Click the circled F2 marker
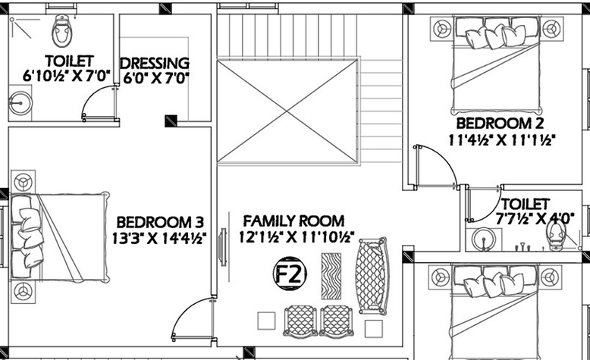pyautogui.click(x=290, y=274)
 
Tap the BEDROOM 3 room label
pyautogui.click(x=160, y=222)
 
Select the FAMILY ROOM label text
pyautogui.click(x=293, y=221)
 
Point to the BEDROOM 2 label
pyautogui.click(x=500, y=124)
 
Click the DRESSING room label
pyautogui.click(x=154, y=63)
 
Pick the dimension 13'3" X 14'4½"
pyautogui.click(x=159, y=239)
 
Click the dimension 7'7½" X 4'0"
pyautogui.click(x=535, y=218)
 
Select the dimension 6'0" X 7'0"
pyautogui.click(x=155, y=79)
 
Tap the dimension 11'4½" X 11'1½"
pyautogui.click(x=502, y=140)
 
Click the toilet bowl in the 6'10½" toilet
pyautogui.click(x=62, y=31)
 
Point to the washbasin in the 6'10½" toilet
pyautogui.click(x=20, y=103)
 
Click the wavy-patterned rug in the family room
pyautogui.click(x=331, y=276)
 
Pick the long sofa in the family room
pyautogui.click(x=372, y=276)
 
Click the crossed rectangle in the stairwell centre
pyautogui.click(x=287, y=111)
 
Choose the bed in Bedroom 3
pyautogui.click(x=60, y=237)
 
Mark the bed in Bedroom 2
pyautogui.click(x=497, y=66)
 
